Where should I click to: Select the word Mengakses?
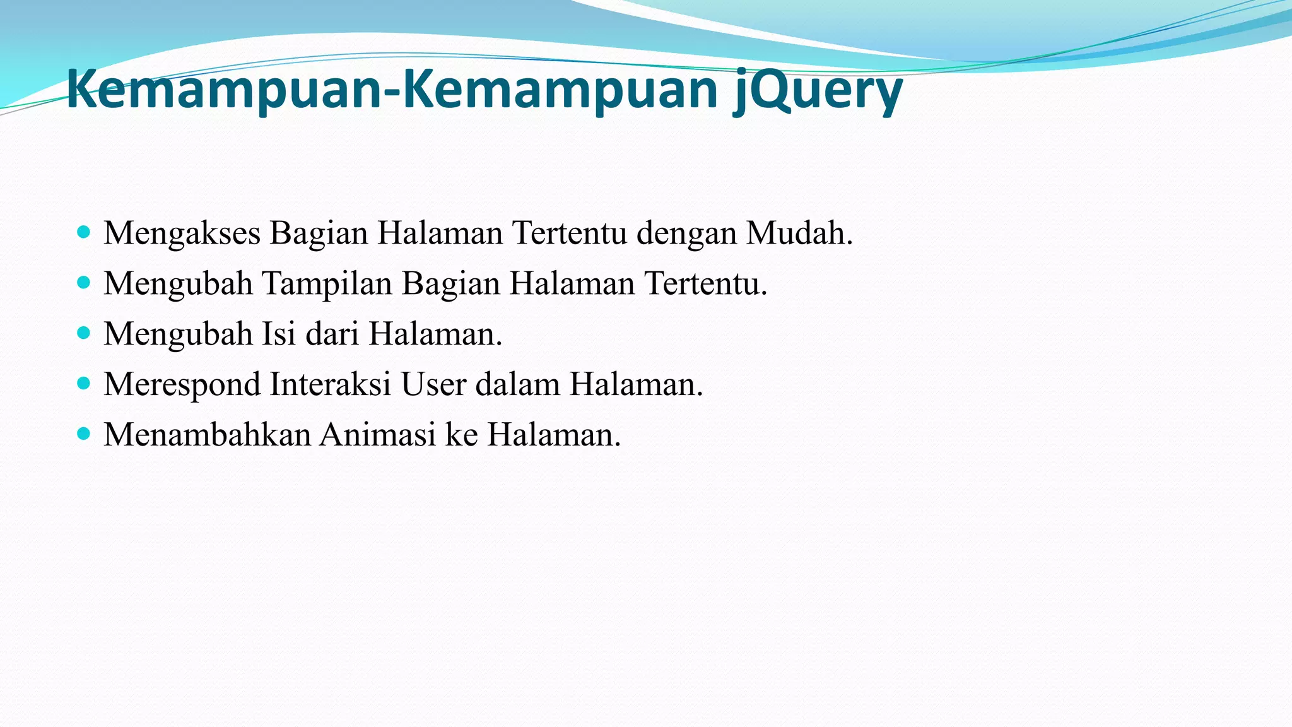click(182, 233)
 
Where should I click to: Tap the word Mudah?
click(799, 233)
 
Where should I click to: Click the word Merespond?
click(182, 385)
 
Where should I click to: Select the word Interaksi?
click(331, 384)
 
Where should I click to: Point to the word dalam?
click(517, 384)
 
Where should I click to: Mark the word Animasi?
click(378, 435)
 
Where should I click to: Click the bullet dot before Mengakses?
click(84, 232)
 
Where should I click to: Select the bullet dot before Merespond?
click(84, 383)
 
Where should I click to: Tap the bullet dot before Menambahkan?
click(84, 434)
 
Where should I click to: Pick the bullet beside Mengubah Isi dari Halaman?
click(84, 333)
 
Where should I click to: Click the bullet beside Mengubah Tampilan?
click(84, 282)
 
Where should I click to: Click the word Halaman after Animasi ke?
click(553, 435)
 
